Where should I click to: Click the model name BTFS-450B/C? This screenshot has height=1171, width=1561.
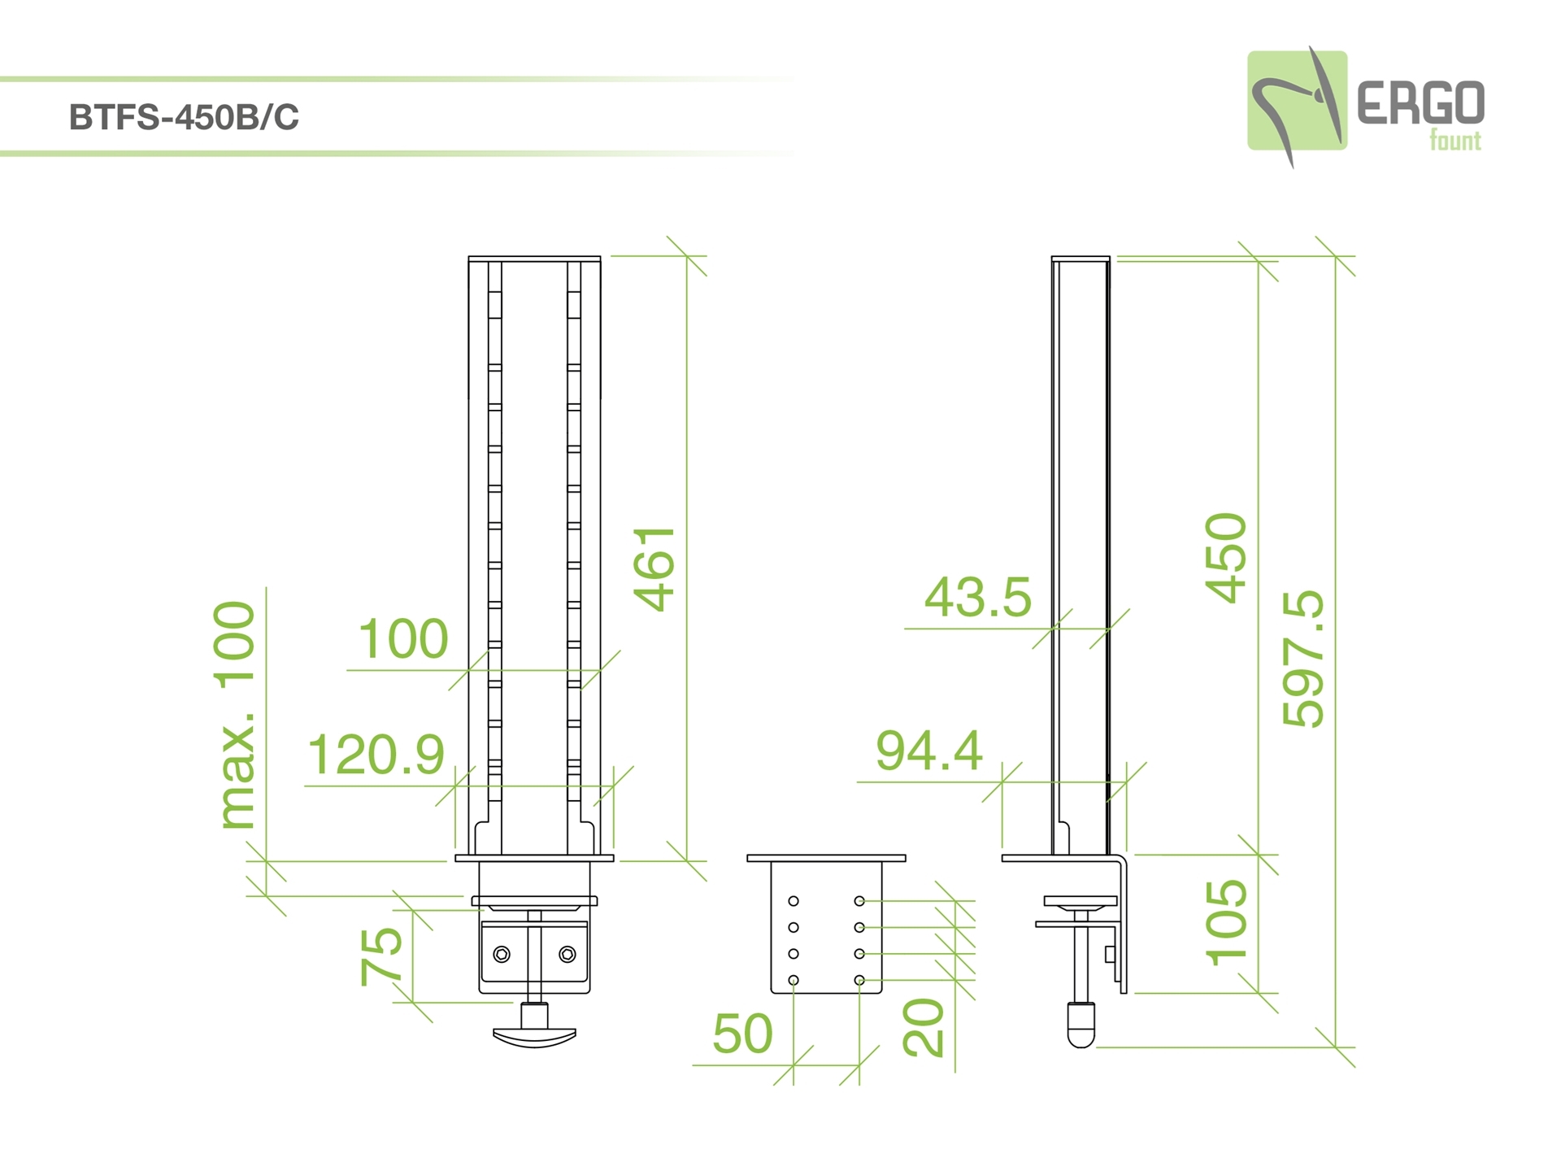click(184, 118)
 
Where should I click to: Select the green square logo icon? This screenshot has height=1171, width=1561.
click(1297, 101)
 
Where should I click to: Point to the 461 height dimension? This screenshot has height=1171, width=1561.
click(654, 568)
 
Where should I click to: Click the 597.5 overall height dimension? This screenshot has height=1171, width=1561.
click(1302, 658)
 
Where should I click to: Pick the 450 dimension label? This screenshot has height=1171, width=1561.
click(1225, 558)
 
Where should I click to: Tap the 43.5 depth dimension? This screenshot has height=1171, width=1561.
click(978, 597)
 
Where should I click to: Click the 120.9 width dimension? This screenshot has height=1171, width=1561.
click(376, 754)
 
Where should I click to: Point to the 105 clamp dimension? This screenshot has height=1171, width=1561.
click(1226, 922)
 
